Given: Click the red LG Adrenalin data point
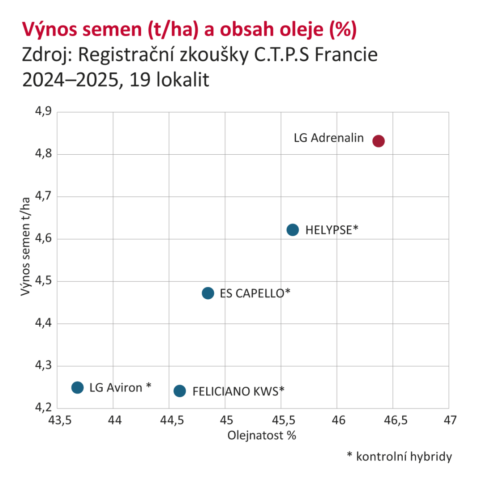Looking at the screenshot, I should pos(379,141).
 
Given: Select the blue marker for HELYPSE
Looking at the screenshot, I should pos(292,230).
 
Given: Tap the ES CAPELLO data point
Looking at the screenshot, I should pos(208,293).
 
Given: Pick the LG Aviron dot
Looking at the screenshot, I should pos(77,387).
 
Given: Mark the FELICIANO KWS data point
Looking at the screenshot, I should pos(179,391).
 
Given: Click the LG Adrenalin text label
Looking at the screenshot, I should pos(329,138).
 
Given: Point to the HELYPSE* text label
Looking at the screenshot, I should pos(332,230).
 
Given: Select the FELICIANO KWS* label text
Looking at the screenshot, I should pos(238,391).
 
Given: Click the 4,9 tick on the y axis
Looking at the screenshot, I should pos(43,112).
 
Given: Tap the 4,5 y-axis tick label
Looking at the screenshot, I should pos(43,281).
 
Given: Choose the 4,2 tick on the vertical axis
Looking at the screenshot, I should pos(43,408).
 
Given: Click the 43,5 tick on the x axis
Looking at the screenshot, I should pos(58,421).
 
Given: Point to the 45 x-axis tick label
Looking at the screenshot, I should pos(225,421).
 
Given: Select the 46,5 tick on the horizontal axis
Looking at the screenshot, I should pos(393,421).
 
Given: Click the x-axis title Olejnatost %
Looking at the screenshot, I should pos(262,436).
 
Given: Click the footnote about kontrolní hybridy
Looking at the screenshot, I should pos(400,457).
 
